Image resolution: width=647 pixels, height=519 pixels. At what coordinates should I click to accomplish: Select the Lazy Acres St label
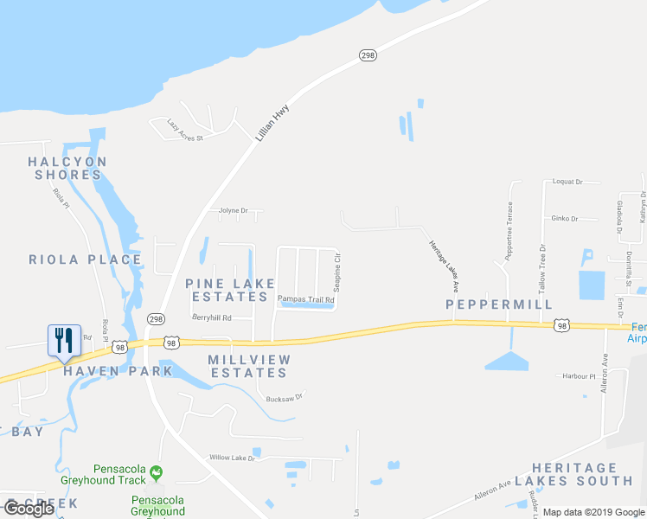pyautogui.click(x=184, y=131)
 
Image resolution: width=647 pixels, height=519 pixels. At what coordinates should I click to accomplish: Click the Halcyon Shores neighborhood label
pyautogui.click(x=67, y=168)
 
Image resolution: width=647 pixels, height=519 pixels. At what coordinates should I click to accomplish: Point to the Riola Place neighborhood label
pyautogui.click(x=85, y=259)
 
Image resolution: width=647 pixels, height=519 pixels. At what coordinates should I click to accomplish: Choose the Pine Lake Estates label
pyautogui.click(x=231, y=290)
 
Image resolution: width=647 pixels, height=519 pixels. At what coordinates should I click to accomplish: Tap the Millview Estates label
pyautogui.click(x=248, y=366)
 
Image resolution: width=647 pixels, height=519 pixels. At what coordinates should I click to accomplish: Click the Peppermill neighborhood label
pyautogui.click(x=498, y=304)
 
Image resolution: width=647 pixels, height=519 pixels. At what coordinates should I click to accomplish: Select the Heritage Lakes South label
pyautogui.click(x=582, y=473)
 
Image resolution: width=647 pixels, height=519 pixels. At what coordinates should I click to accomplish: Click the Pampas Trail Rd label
pyautogui.click(x=305, y=299)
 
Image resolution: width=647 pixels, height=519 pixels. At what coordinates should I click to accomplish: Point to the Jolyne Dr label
pyautogui.click(x=233, y=210)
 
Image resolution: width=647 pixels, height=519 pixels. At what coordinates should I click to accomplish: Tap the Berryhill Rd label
pyautogui.click(x=212, y=317)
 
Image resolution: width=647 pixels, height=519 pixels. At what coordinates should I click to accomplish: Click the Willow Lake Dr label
pyautogui.click(x=233, y=458)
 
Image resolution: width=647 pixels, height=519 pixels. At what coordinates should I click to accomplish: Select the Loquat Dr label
pyautogui.click(x=567, y=183)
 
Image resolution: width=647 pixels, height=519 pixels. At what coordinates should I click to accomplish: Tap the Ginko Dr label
pyautogui.click(x=564, y=219)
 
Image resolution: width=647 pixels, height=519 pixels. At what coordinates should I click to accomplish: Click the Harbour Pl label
pyautogui.click(x=580, y=376)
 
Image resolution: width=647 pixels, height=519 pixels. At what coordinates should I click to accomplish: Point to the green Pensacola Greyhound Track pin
pyautogui.click(x=156, y=472)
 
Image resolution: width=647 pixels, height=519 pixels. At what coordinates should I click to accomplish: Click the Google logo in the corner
pyautogui.click(x=29, y=508)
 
